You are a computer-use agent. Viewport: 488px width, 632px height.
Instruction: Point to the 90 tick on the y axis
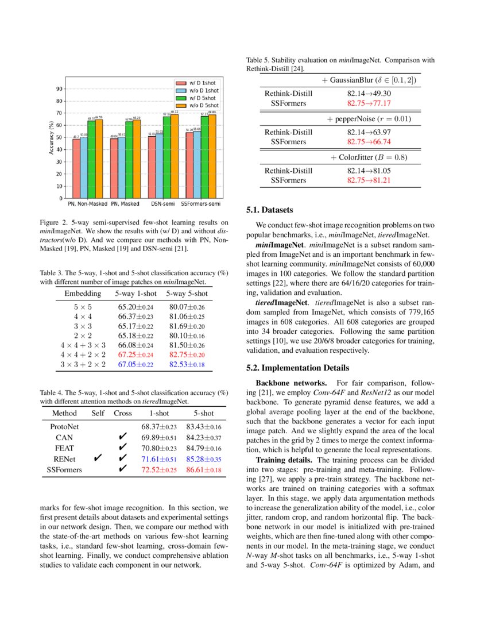[x=59, y=89]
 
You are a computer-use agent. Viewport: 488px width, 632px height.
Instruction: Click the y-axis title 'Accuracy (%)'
[x=51, y=138]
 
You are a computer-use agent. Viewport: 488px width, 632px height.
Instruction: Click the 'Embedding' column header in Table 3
[x=83, y=294]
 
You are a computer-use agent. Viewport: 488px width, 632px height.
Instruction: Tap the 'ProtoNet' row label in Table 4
[x=64, y=427]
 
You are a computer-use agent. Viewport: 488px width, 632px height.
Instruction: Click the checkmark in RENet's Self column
[x=98, y=458]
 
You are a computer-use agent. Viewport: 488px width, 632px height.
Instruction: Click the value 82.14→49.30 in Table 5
[x=369, y=93]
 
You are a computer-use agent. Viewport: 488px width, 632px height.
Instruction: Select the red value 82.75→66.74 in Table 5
[x=369, y=141]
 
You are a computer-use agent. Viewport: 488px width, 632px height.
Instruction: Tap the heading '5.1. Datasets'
[x=269, y=210]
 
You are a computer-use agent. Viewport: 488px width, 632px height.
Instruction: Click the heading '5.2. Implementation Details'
[x=297, y=368]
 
